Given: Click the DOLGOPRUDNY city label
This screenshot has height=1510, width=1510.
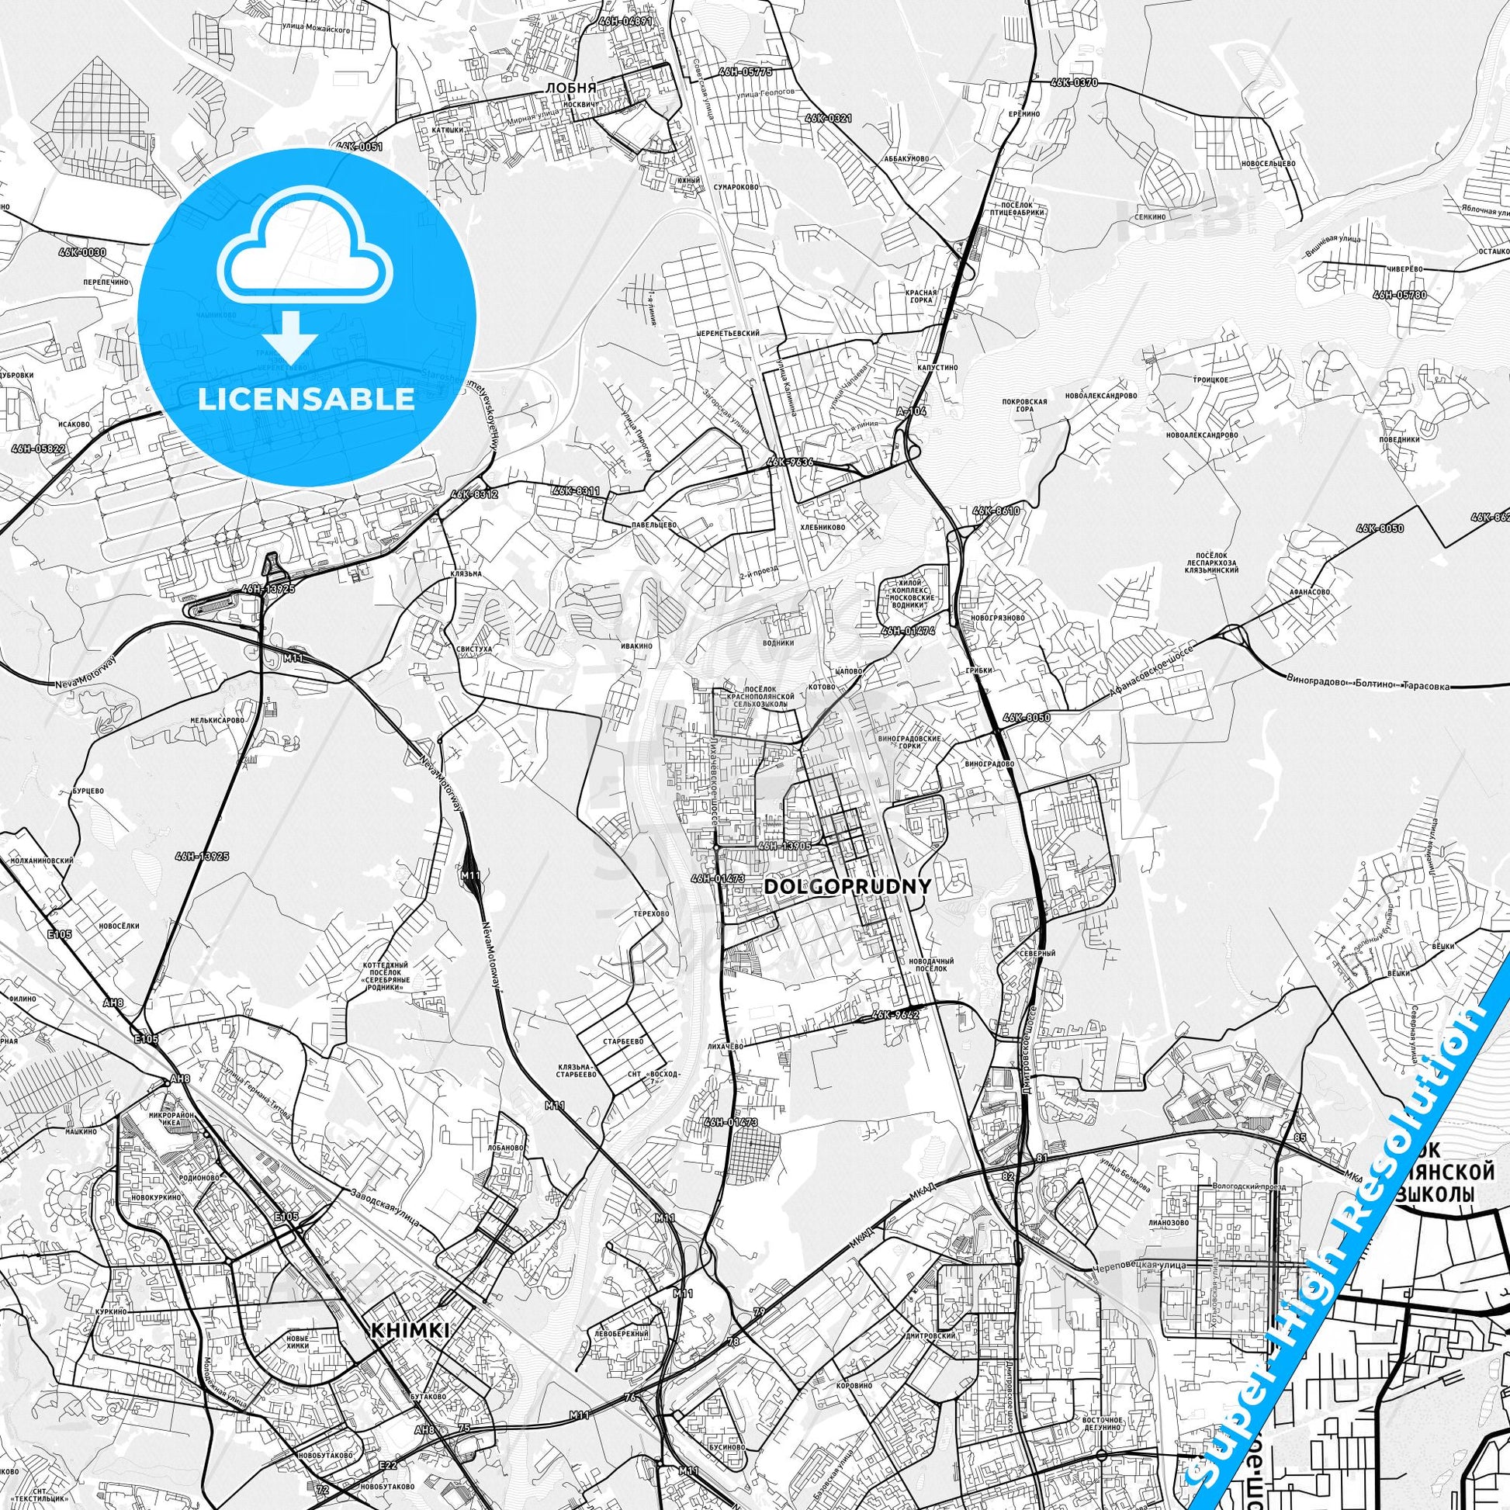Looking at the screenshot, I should click(x=847, y=886).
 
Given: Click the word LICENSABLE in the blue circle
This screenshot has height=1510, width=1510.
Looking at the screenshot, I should click(x=307, y=399).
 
